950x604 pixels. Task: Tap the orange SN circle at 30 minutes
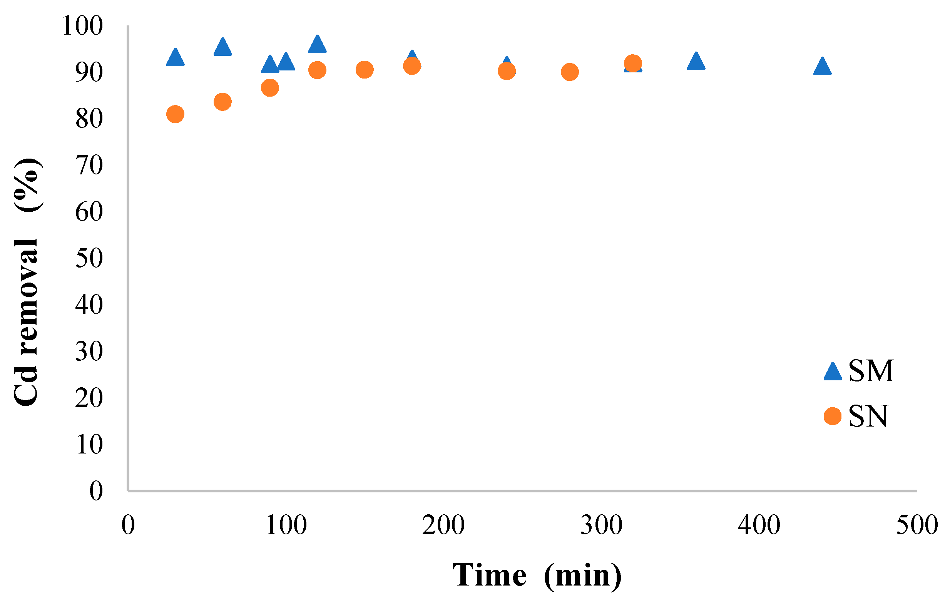tap(175, 114)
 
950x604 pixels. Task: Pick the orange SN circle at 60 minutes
tap(222, 102)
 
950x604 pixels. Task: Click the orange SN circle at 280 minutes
tap(570, 72)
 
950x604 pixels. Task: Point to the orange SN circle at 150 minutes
tap(365, 70)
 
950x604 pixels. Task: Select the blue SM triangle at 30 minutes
tap(175, 58)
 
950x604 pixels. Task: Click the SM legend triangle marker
tap(833, 372)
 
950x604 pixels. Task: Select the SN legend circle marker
tap(833, 416)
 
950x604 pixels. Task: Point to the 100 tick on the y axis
tap(82, 26)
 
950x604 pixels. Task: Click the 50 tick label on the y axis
tap(89, 259)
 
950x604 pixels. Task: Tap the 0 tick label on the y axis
tap(96, 491)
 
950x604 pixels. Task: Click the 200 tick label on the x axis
tap(443, 525)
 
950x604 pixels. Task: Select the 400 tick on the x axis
tap(759, 525)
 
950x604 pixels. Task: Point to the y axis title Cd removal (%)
tap(27, 282)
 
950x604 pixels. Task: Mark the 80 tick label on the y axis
tap(89, 119)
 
